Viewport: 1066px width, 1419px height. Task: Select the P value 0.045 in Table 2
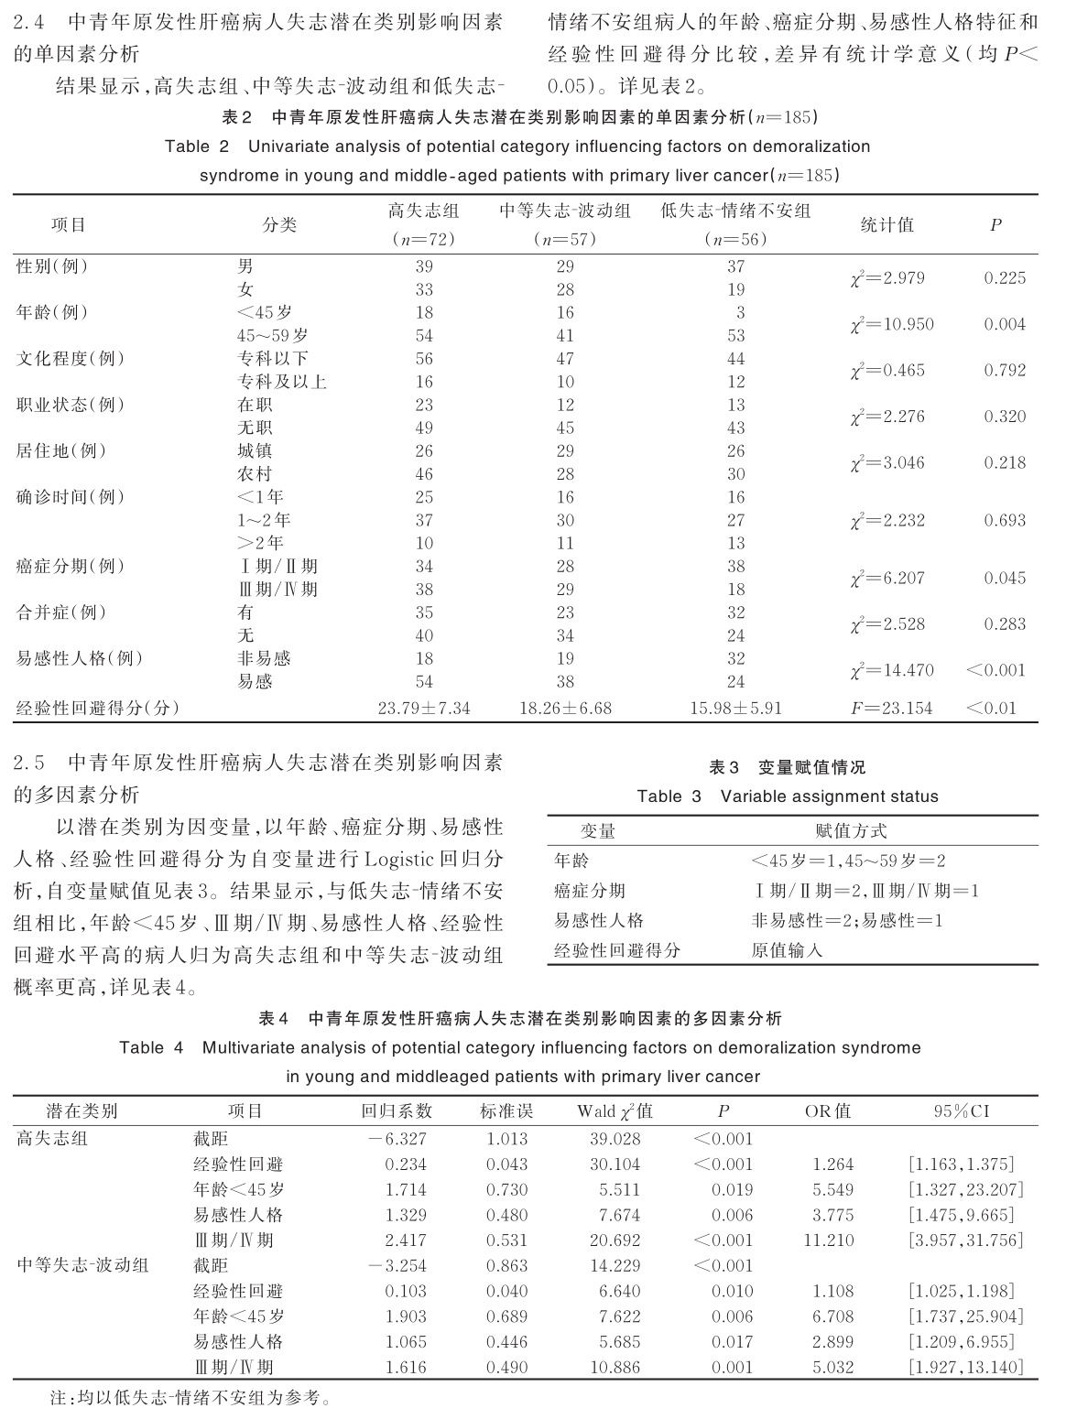pos(1004,578)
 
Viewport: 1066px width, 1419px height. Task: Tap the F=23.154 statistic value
pos(891,708)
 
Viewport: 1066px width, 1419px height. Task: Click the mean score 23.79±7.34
pos(423,708)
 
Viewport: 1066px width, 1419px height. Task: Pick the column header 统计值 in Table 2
pos(887,225)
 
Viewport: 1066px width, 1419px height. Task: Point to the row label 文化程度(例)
pos(71,359)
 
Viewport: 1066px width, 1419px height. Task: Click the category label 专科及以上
pos(281,382)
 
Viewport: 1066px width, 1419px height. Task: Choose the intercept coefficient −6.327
pos(397,1139)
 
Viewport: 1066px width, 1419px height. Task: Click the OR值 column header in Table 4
pos(827,1111)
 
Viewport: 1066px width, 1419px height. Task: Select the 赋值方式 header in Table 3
pos(851,831)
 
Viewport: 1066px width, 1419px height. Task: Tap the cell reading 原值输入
pos(787,950)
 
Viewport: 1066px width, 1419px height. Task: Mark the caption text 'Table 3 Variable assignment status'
pos(788,796)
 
